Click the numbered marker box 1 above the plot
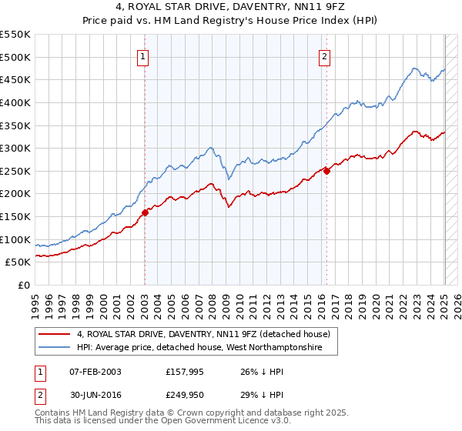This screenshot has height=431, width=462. (x=144, y=55)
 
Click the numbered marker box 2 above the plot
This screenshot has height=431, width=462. (x=325, y=55)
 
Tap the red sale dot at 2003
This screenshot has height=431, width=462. (x=145, y=213)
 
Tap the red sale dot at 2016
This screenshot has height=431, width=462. (x=326, y=171)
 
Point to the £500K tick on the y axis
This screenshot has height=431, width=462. (x=15, y=57)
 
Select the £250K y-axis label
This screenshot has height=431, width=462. (x=15, y=171)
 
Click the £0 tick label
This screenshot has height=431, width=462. (x=23, y=285)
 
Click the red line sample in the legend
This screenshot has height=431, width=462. (x=55, y=334)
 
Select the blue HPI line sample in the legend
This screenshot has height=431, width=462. (x=55, y=348)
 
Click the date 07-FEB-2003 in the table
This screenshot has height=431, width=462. (x=95, y=372)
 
